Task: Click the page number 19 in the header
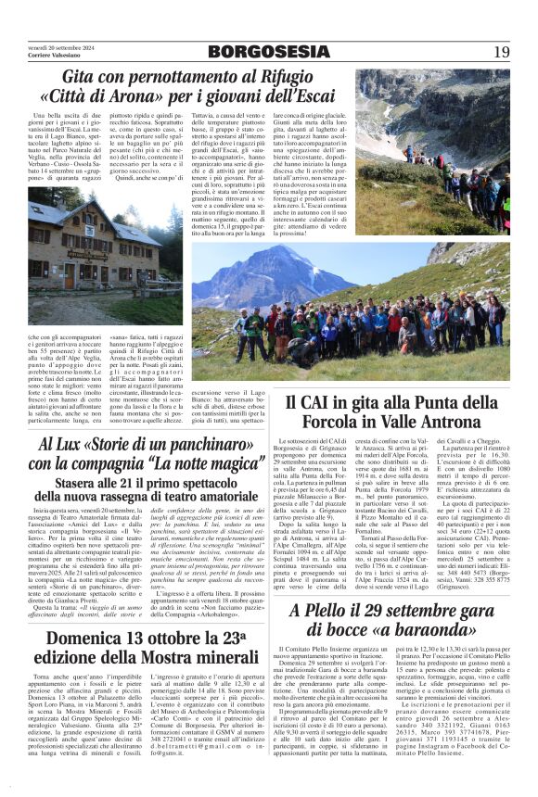coord(502,51)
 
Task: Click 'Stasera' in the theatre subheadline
coord(80,483)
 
